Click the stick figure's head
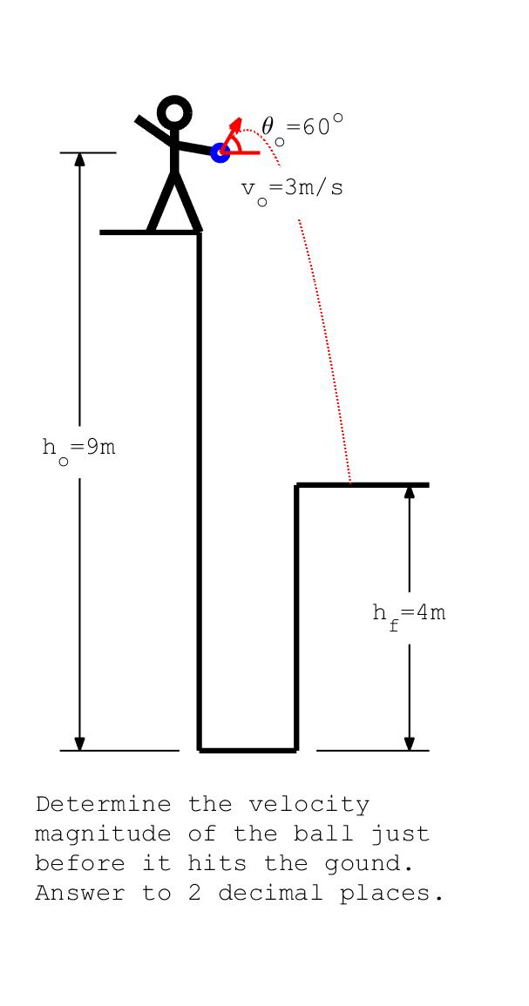(x=174, y=112)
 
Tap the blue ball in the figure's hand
(x=220, y=152)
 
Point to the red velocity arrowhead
(x=237, y=124)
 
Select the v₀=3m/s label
(x=291, y=191)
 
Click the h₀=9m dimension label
(x=79, y=449)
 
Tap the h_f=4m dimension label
(x=409, y=615)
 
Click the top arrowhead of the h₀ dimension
(x=79, y=159)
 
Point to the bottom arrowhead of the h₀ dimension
(x=79, y=743)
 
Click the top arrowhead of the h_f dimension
(x=410, y=492)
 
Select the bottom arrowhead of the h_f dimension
(x=410, y=743)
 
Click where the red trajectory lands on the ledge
(x=350, y=483)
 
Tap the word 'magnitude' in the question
(x=103, y=835)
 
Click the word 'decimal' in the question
(x=270, y=894)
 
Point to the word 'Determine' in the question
(x=104, y=805)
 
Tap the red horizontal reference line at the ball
(x=241, y=152)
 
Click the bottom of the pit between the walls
(x=248, y=749)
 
